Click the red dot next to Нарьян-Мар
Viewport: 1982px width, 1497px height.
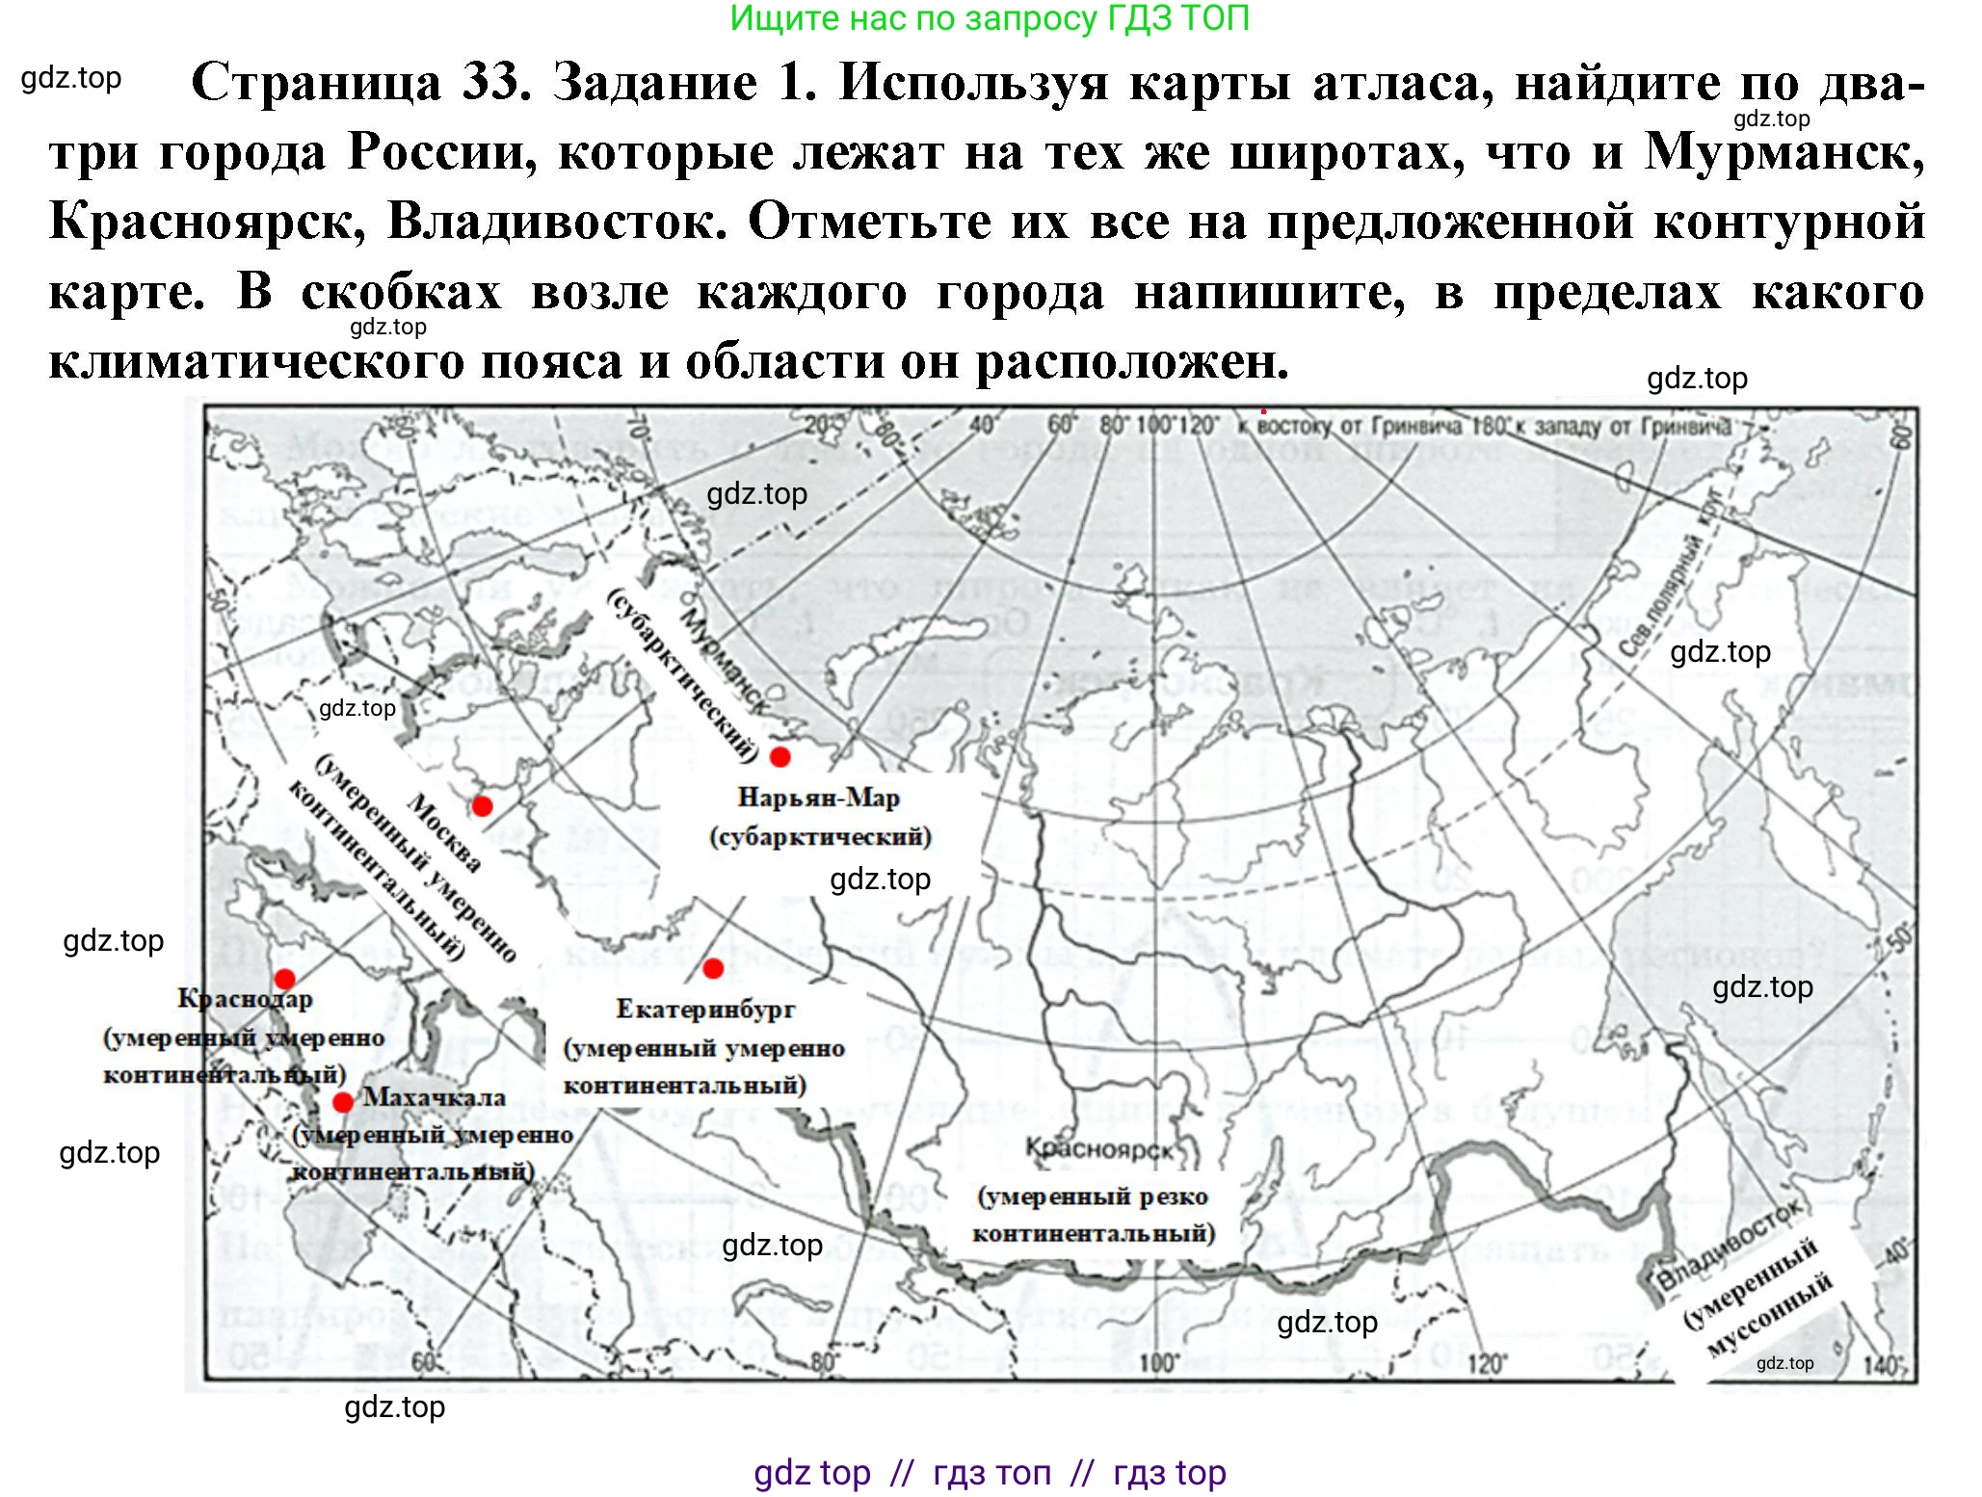pos(780,757)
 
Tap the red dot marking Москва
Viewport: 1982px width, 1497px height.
pos(482,806)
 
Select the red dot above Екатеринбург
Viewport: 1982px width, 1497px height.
pos(713,969)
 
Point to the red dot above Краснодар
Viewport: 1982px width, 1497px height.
pos(284,980)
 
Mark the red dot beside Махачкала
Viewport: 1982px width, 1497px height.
pos(342,1102)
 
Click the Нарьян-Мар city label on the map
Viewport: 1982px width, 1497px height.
pos(818,798)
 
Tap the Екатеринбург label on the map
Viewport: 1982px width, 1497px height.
pos(705,1009)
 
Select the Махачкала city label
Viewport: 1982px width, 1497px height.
pos(434,1097)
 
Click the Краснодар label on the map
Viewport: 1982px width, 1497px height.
pos(245,999)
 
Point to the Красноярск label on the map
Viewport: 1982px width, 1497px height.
pos(1098,1149)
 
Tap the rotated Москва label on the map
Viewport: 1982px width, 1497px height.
pos(444,833)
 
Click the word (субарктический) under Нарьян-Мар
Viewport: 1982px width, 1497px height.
pos(820,836)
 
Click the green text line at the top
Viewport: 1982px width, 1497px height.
pos(990,18)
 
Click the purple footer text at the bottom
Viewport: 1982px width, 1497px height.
pos(990,1473)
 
